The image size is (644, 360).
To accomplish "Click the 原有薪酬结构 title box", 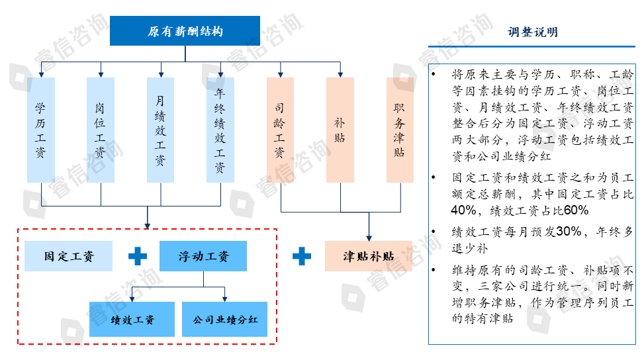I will [185, 31].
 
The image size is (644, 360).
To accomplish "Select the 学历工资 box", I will [40, 130].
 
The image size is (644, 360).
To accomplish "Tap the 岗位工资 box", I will [101, 130].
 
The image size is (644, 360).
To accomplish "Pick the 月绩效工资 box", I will [161, 130].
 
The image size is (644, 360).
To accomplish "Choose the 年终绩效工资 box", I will [220, 130].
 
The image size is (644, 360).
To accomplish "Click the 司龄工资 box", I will [281, 130].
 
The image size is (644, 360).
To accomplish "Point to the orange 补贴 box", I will [340, 130].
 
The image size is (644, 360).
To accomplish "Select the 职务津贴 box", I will [400, 130].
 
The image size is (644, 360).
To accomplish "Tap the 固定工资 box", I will [68, 256].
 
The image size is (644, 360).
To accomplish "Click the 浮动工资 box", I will [203, 256].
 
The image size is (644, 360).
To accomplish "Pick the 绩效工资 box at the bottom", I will [132, 320].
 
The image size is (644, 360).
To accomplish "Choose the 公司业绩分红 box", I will [224, 320].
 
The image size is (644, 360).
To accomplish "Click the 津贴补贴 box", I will [369, 256].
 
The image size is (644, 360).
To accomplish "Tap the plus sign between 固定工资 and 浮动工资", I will [137, 256].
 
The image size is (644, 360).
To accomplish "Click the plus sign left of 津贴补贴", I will [302, 256].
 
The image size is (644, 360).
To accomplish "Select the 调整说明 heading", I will [533, 32].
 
